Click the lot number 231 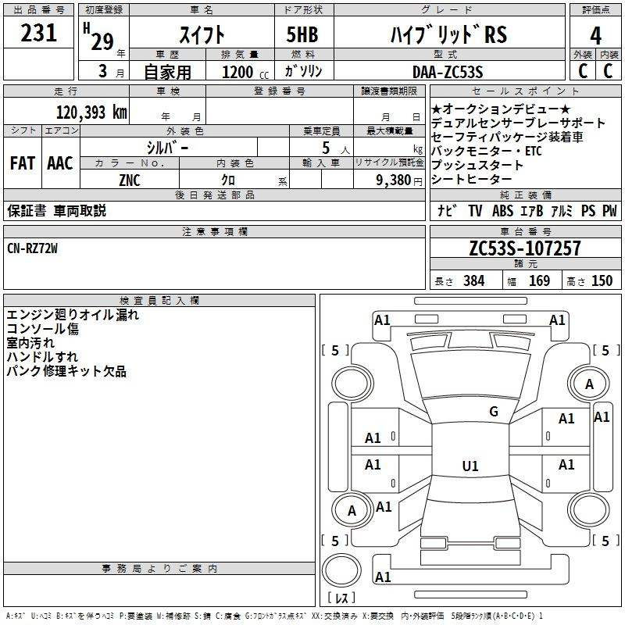tap(38, 33)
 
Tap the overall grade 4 tap(595, 35)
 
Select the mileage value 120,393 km tap(91, 112)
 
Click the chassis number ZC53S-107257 tap(525, 248)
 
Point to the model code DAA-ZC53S tap(448, 72)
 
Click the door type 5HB tap(302, 34)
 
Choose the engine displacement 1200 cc tap(245, 72)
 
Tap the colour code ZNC tap(130, 180)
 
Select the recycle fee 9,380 tap(394, 180)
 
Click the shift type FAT tap(23, 163)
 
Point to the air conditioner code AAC tap(60, 163)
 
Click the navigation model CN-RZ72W tap(32, 248)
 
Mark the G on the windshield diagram tap(494, 411)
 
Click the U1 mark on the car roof tap(470, 466)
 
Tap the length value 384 tap(474, 280)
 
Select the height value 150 tap(602, 280)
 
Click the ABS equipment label tap(502, 211)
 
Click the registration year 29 tap(102, 41)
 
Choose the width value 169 tap(539, 280)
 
